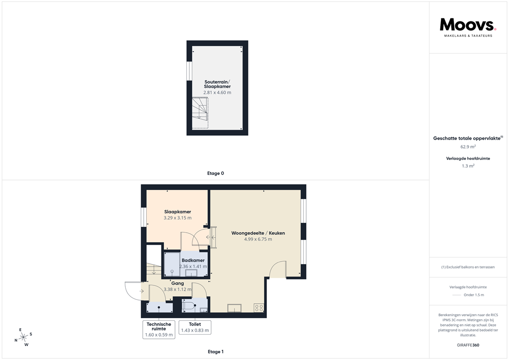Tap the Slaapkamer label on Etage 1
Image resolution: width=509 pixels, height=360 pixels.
177,212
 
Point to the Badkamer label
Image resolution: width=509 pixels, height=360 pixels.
193,260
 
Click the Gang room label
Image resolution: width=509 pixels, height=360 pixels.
177,283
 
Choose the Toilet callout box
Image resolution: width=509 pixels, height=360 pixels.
195,327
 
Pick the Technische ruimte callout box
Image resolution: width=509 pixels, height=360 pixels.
159,330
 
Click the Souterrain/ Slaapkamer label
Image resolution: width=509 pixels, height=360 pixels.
217,84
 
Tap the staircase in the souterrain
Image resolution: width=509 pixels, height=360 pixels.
200,113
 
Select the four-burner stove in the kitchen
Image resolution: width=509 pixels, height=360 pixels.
259,308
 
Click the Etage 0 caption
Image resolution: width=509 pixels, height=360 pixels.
216,174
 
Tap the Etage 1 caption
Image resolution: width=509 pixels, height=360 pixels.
216,352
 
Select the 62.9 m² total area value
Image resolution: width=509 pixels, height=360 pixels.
468,147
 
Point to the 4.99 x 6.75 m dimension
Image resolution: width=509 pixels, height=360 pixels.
258,239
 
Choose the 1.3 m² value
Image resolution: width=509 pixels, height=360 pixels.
468,166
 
